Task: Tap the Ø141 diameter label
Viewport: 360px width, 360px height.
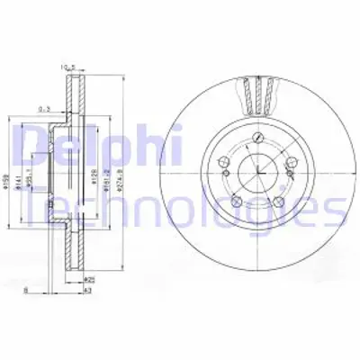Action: click(x=21, y=167)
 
